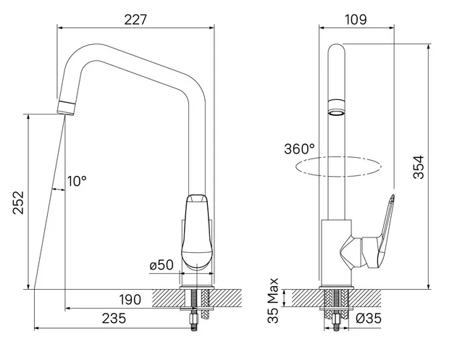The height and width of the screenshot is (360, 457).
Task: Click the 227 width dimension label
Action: click(x=135, y=20)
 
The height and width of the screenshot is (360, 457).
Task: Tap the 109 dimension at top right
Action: click(x=356, y=20)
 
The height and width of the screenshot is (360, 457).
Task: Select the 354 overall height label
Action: click(x=419, y=167)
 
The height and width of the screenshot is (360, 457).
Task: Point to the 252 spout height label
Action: click(x=18, y=203)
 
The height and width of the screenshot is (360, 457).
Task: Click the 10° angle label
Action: click(x=77, y=181)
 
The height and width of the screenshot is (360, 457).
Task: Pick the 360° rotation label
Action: click(x=299, y=148)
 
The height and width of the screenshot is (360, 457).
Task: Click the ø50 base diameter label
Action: click(x=162, y=265)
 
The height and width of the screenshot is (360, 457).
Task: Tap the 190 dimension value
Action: click(x=130, y=299)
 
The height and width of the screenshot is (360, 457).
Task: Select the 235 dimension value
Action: click(x=114, y=318)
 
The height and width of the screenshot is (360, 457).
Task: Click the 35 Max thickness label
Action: click(x=273, y=301)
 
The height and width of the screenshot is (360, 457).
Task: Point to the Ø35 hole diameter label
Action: click(x=369, y=318)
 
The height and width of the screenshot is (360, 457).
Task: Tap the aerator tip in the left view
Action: click(x=66, y=108)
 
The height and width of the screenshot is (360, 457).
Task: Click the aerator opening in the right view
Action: click(x=336, y=112)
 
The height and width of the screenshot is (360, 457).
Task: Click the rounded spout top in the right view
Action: click(x=336, y=49)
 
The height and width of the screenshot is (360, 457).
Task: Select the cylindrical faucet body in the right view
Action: click(x=337, y=252)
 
